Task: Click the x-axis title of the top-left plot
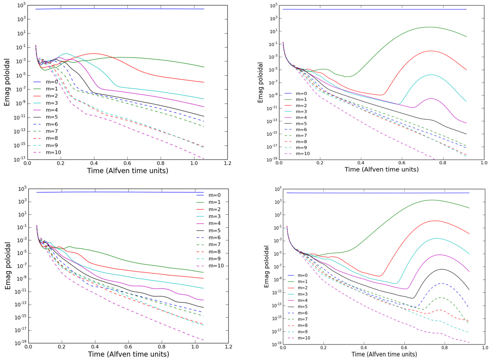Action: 127,171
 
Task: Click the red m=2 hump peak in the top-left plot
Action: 94,53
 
